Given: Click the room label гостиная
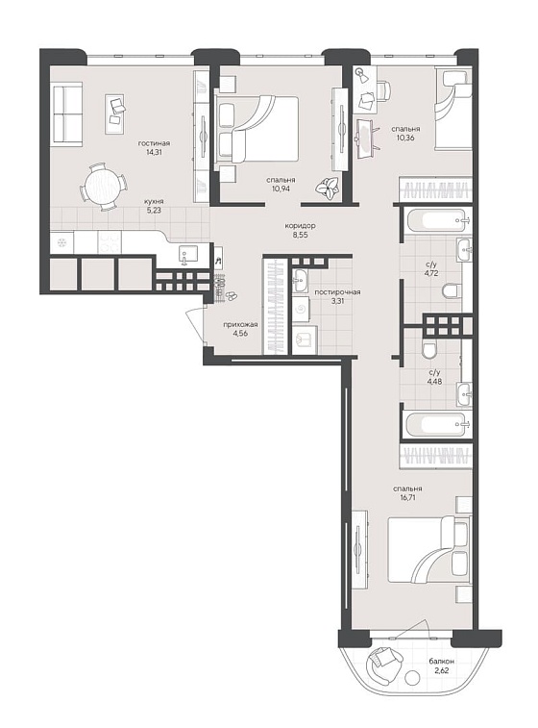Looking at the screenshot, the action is [x=154, y=143].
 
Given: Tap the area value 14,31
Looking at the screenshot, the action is [x=153, y=152].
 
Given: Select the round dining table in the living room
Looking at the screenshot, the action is [x=104, y=186].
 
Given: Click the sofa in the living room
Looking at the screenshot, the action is [x=67, y=113].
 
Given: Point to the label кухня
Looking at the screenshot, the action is [x=153, y=202].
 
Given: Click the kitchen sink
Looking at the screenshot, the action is [x=188, y=255].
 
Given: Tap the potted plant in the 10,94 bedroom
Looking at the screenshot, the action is [x=327, y=188].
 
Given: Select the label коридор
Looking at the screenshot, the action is [x=301, y=226].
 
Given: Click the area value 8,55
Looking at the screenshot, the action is [x=301, y=235].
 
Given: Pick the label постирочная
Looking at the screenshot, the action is [x=337, y=292].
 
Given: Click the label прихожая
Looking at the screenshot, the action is [x=240, y=324].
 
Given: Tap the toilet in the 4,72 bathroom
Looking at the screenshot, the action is [x=452, y=290].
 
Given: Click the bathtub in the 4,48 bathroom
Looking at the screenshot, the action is [x=435, y=424].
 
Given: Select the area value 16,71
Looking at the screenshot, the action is [x=407, y=497].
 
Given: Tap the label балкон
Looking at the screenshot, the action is [x=442, y=661].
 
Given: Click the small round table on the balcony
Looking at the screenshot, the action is [x=412, y=678].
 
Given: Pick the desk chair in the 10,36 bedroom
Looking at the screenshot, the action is [x=382, y=90].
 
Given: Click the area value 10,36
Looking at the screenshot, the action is [x=405, y=138].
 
